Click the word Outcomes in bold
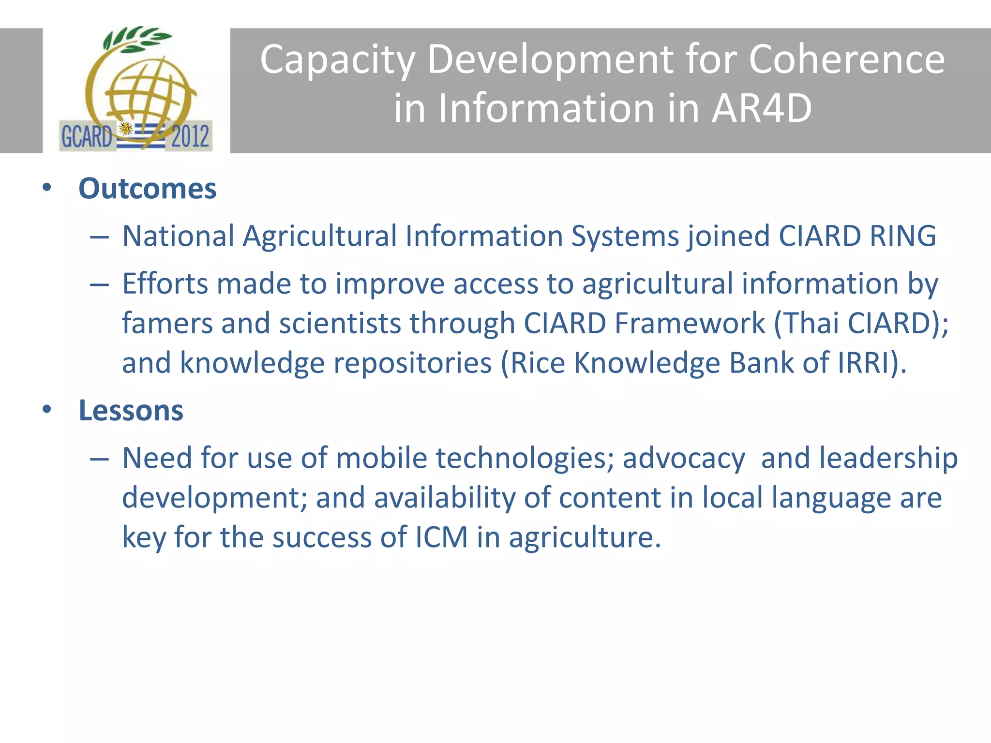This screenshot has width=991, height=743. point(147,189)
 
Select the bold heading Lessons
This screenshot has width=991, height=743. point(131,411)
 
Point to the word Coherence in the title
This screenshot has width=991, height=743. point(846,59)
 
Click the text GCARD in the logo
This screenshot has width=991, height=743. point(87,136)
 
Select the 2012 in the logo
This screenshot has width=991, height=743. point(190,136)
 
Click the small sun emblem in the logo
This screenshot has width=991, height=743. point(126,129)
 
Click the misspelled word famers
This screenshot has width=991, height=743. point(167,323)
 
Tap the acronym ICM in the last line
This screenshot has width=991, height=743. point(441,537)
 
